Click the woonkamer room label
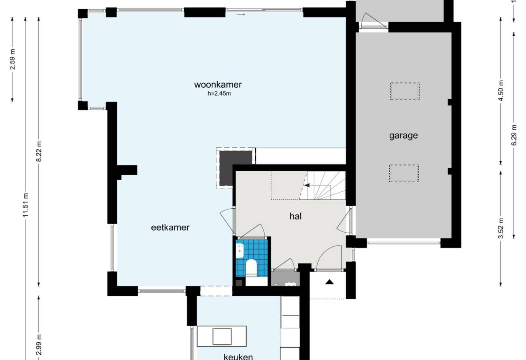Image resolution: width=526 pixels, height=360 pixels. click(218, 85)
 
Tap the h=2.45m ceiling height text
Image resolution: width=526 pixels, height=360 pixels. click(219, 93)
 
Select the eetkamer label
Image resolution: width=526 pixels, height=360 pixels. click(170, 227)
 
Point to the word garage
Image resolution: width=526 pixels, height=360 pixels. click(403, 136)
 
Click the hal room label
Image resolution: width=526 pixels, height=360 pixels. click(295, 216)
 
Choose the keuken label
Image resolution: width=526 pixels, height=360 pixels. click(238, 357)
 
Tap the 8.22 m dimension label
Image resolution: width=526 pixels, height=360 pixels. click(39, 151)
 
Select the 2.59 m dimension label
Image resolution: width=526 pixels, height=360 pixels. click(13, 59)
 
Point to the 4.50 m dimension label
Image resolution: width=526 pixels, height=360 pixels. click(501, 91)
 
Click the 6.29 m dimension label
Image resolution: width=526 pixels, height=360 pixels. click(514, 135)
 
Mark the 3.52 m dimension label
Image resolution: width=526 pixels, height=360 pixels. click(501, 229)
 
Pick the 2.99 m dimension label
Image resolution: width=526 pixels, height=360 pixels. click(39, 345)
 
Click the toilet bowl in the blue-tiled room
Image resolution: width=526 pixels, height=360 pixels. click(251, 268)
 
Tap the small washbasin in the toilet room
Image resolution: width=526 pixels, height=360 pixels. click(240, 250)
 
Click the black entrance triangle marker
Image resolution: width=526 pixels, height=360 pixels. click(329, 282)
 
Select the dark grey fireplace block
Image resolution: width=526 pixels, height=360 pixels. click(235, 169)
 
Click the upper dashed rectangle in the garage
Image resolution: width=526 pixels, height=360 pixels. click(405, 91)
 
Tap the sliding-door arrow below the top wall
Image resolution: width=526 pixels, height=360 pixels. click(241, 15)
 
